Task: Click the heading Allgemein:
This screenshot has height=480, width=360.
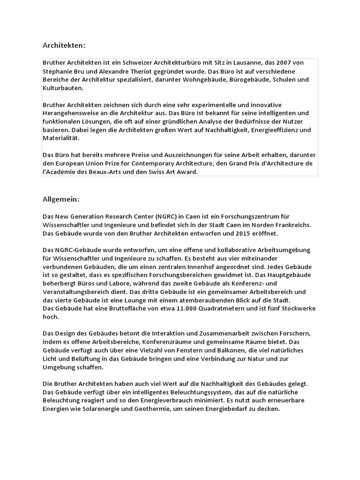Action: tap(61, 199)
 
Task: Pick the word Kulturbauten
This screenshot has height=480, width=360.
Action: tap(62, 88)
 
